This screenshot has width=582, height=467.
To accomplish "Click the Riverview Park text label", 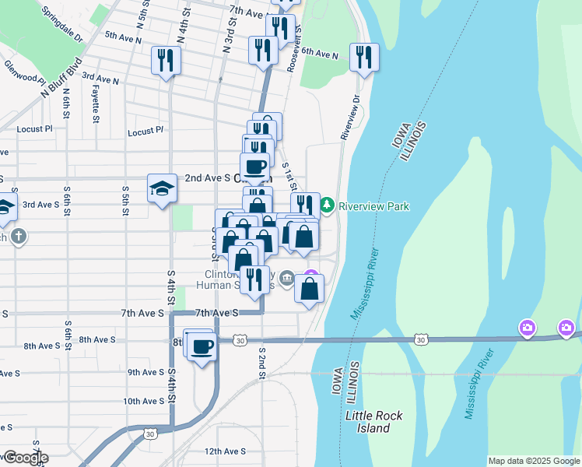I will coord(375,206).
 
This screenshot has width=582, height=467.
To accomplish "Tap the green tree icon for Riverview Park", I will coord(328,205).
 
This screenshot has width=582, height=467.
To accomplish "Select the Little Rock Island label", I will coord(374,422).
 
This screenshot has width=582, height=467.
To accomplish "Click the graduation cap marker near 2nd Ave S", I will coord(163,188).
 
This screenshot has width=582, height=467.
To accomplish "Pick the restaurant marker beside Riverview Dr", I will coord(363,56).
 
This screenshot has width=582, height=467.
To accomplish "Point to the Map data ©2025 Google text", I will coord(533,461).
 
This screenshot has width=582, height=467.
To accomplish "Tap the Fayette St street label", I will coord(96,106).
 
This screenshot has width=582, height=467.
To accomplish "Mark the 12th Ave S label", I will coord(225,451).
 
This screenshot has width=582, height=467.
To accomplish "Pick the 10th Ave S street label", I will coord(143,402).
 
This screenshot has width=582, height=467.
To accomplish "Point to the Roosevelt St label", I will coord(294,51).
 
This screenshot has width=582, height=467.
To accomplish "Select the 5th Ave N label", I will coord(123,37).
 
